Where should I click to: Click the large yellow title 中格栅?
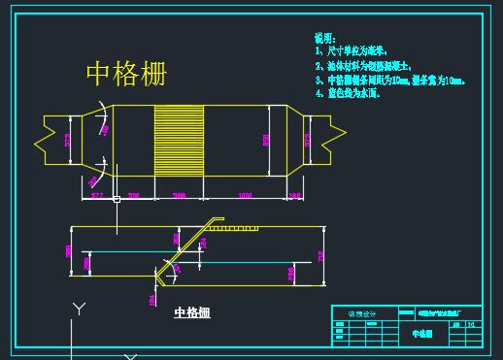tap(126, 74)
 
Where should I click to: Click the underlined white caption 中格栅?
tap(192, 312)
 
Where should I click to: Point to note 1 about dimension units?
tap(351, 50)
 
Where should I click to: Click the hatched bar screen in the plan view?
tap(179, 140)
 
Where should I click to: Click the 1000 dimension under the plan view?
tap(244, 196)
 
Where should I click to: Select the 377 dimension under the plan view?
tap(96, 196)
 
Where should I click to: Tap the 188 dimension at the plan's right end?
tap(295, 196)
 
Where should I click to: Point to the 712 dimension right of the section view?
tap(319, 256)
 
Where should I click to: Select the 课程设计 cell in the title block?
tap(359, 312)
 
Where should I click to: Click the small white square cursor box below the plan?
tap(116, 200)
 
